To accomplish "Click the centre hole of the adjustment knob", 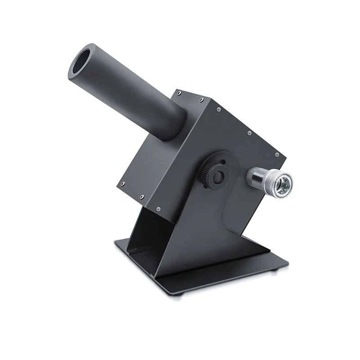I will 220,177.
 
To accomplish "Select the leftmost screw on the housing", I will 120,182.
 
